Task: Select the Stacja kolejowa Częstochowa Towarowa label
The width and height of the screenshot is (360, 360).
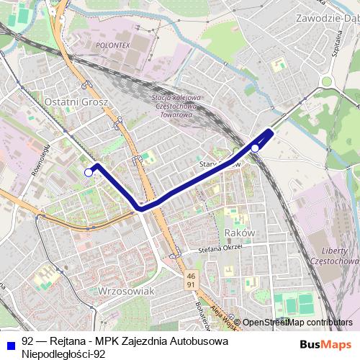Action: tap(178, 104)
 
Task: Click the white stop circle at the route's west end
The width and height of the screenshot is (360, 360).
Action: tap(89, 172)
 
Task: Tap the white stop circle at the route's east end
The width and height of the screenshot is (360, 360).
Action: tap(255, 148)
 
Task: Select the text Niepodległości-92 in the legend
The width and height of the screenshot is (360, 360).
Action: tap(64, 354)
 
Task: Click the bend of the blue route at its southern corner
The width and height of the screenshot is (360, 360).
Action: tap(140, 208)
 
